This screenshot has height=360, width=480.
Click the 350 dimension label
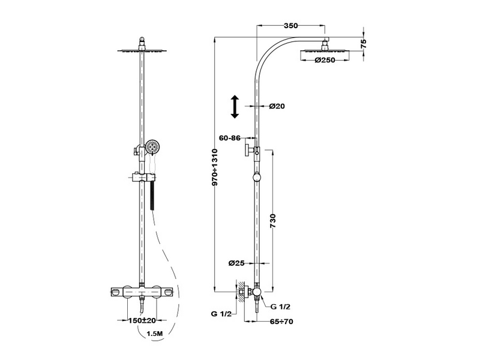pyautogui.click(x=291, y=26)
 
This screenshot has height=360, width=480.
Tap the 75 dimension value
pyautogui.click(x=364, y=43)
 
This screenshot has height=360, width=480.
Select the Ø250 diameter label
pyautogui.click(x=325, y=60)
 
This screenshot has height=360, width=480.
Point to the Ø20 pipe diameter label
pyautogui.click(x=277, y=106)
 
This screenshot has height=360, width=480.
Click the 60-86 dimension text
pyautogui.click(x=230, y=138)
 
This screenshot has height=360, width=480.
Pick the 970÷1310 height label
pyautogui.click(x=215, y=167)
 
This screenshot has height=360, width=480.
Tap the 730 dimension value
pyautogui.click(x=273, y=221)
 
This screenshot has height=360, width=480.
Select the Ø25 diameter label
pyautogui.click(x=236, y=263)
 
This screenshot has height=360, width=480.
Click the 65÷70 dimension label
pyautogui.click(x=281, y=322)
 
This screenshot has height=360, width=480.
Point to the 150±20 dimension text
pyautogui.click(x=142, y=320)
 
